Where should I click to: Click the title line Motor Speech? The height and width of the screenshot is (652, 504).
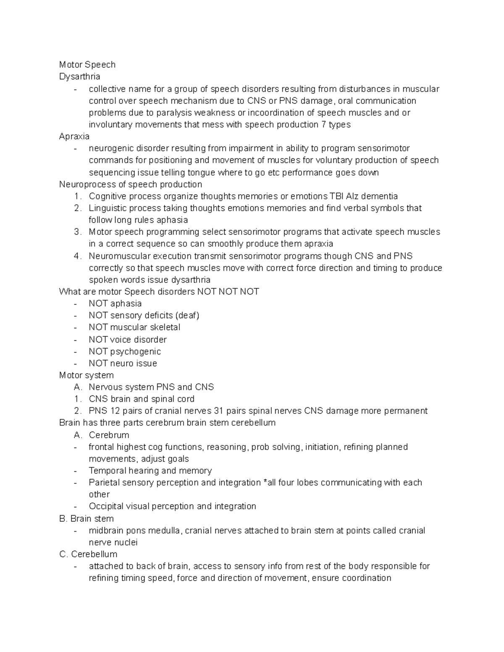(x=87, y=65)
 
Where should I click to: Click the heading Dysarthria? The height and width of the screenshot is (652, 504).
(x=79, y=76)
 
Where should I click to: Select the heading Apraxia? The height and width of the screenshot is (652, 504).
(x=74, y=136)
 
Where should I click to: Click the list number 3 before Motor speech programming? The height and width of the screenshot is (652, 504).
(x=77, y=232)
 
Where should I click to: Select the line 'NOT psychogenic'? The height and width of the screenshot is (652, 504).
(x=124, y=351)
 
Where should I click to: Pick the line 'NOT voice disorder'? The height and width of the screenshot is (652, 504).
(x=127, y=339)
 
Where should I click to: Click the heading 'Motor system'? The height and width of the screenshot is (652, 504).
(x=86, y=375)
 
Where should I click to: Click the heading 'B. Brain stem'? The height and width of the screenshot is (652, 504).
(x=87, y=518)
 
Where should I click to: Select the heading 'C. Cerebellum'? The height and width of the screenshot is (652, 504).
(x=88, y=554)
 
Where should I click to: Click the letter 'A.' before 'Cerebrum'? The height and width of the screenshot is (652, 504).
(x=78, y=435)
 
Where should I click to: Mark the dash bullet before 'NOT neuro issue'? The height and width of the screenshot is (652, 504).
(x=75, y=364)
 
